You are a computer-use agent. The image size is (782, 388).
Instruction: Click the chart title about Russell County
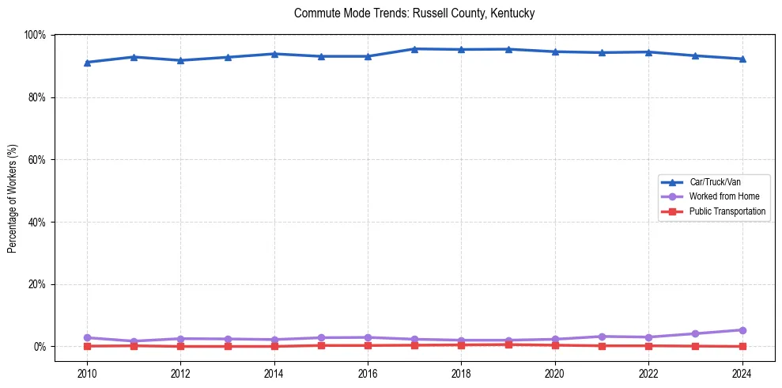coord(414,13)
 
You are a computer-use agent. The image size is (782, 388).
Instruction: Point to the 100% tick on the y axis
coord(35,35)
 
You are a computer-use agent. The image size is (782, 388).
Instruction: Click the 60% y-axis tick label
coord(36,160)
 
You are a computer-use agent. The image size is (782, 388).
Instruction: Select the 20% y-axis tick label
coord(36,284)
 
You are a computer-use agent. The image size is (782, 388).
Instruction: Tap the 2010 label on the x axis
coord(87,374)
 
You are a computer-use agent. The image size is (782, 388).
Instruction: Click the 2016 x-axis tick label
coord(368,374)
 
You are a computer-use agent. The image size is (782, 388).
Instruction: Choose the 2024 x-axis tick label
coord(742,374)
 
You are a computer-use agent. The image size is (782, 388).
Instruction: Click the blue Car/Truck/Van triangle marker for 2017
coord(414,49)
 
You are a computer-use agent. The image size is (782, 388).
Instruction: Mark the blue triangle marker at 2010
coord(87,62)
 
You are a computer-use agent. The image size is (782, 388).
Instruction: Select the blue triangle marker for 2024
coord(742,59)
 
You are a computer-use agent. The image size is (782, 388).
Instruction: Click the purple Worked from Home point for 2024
coord(742,330)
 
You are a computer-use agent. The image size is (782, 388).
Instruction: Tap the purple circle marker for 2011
coord(134,341)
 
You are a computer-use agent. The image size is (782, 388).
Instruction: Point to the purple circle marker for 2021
coord(602,337)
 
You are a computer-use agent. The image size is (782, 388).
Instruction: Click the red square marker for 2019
coord(508,344)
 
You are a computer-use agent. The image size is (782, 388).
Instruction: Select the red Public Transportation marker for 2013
coord(228,346)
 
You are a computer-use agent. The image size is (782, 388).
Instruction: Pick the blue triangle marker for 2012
coord(180,60)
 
